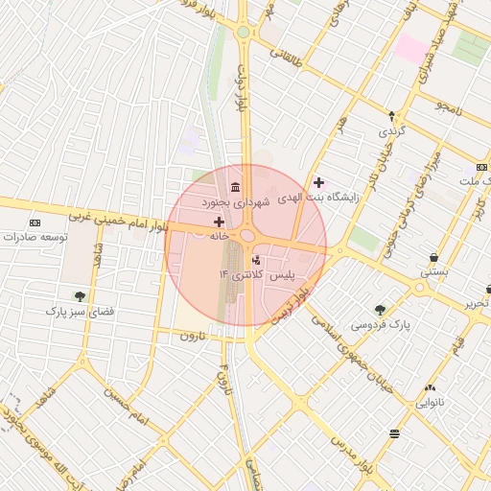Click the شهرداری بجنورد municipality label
229,203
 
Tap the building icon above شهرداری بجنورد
235,186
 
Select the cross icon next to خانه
219,222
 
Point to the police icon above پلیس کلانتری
255,260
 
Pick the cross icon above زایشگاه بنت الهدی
318,182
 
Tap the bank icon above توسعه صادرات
35,222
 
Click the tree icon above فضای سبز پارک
80,296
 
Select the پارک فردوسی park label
380,325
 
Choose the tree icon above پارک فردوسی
381,309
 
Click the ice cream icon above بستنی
434,257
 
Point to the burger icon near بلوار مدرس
394,434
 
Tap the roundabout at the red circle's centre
246,236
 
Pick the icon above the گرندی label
391,114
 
